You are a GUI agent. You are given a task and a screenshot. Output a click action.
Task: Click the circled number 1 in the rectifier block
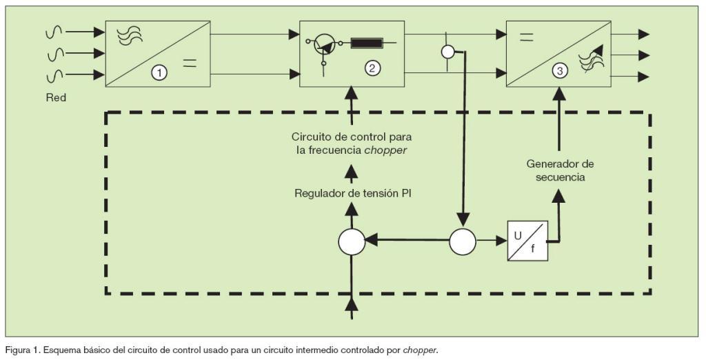[159, 72]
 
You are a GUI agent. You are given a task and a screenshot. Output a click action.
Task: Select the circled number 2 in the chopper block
[372, 68]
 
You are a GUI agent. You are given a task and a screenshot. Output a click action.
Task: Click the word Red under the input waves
[56, 98]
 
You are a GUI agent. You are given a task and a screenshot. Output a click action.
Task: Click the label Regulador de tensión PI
[352, 192]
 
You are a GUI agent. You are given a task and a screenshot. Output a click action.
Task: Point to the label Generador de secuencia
[560, 170]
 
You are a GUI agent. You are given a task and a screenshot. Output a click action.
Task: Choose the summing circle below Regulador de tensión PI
[352, 242]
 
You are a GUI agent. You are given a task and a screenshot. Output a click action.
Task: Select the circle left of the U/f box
[463, 241]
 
